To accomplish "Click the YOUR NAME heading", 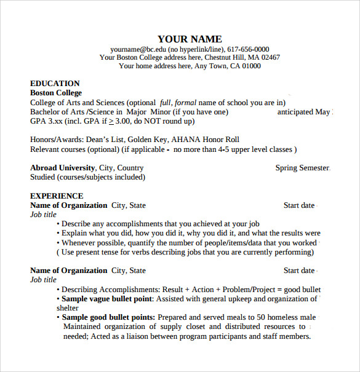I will point(190,39).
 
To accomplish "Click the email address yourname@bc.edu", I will point(138,49).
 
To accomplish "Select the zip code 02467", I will point(268,57).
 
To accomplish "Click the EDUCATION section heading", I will point(55,84).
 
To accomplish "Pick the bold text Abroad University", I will point(62,168).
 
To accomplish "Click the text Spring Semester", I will point(302,168).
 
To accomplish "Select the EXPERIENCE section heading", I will point(57,196).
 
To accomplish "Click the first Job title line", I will point(43,215).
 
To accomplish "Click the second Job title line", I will point(43,280).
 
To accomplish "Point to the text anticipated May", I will point(304,112).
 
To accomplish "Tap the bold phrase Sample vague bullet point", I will point(106,299).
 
